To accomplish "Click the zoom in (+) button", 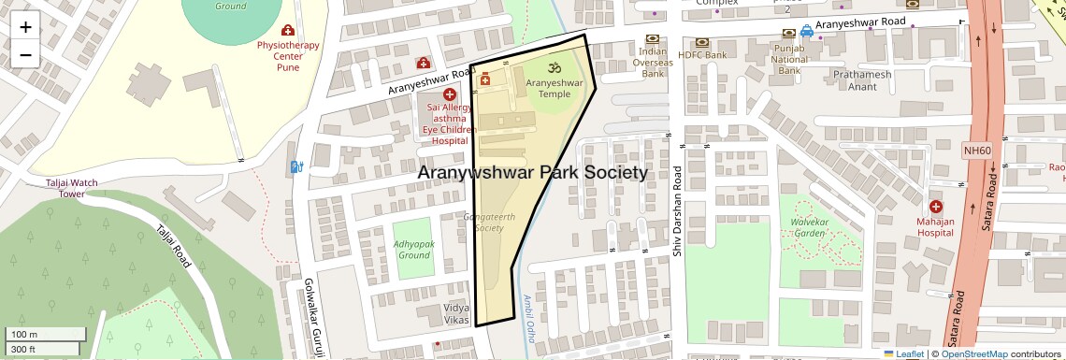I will point(25,27).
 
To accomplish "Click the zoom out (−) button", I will point(25,54).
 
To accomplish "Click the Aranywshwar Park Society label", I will point(532,173).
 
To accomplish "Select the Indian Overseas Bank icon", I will point(652,41).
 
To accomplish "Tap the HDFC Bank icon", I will point(700,42).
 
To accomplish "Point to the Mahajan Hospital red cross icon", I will point(936,206).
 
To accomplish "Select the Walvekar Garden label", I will point(811,221).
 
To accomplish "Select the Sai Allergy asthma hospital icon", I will point(450,94).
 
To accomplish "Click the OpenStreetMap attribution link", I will point(973,353).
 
